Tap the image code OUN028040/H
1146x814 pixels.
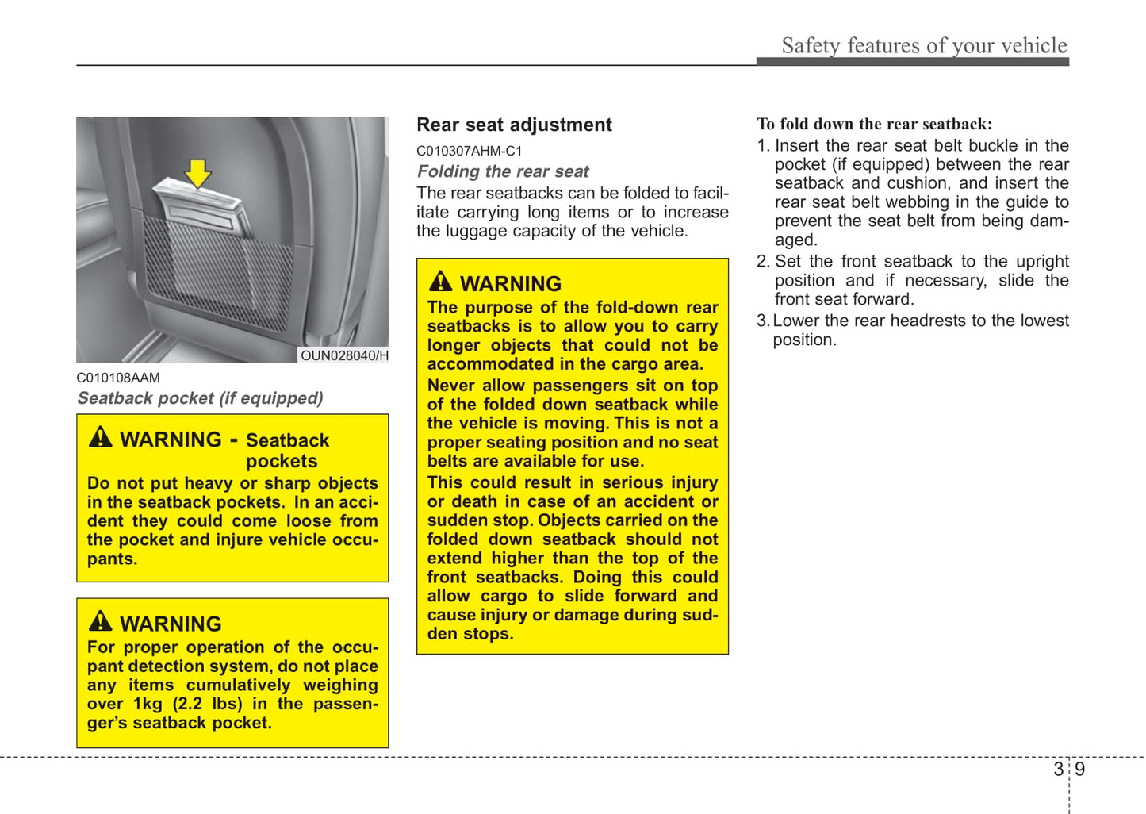point(344,355)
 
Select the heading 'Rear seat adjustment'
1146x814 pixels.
point(514,125)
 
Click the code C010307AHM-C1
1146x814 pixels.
point(469,151)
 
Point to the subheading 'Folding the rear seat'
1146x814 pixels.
point(503,171)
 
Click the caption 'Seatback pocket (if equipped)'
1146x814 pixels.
point(200,398)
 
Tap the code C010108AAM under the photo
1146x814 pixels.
point(118,378)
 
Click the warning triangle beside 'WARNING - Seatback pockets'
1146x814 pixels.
point(101,437)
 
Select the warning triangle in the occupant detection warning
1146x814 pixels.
point(101,621)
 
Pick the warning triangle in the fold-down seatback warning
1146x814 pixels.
point(440,282)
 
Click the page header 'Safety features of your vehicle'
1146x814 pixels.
point(924,45)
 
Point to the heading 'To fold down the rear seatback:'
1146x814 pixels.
point(874,124)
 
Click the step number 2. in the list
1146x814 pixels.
point(763,262)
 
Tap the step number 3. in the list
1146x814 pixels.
point(763,321)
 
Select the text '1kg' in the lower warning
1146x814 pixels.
point(148,704)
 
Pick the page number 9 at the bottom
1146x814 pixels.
point(1079,769)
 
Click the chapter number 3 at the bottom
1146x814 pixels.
point(1058,769)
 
